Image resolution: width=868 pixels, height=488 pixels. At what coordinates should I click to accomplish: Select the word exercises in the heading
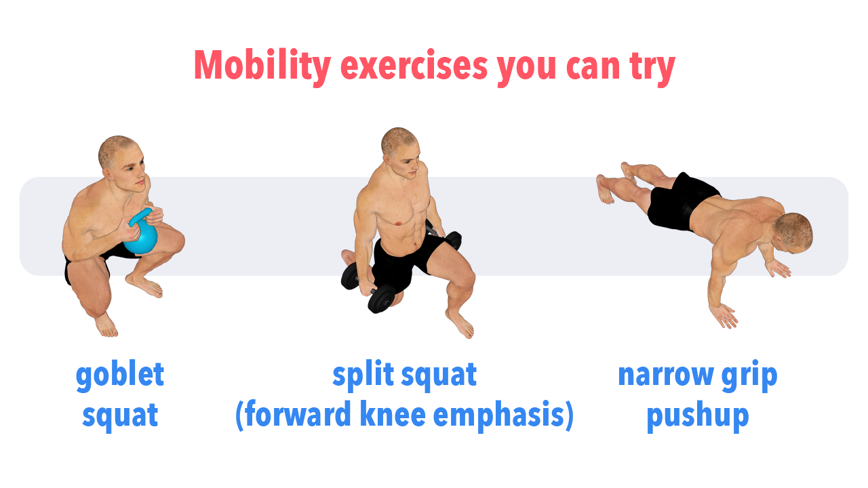pos(414,66)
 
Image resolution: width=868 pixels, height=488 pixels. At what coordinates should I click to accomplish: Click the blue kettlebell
pos(142,232)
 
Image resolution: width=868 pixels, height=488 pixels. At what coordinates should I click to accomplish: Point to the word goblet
pos(120,374)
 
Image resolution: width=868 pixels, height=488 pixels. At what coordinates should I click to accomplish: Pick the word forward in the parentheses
pos(298,414)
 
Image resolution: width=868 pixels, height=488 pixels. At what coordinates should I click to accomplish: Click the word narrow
pos(666,375)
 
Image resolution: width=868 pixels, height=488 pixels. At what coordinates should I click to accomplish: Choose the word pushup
pos(698,417)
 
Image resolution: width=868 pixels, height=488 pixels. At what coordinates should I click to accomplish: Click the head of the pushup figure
pos(793,232)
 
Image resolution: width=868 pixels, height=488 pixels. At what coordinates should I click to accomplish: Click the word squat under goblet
pos(120,416)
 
